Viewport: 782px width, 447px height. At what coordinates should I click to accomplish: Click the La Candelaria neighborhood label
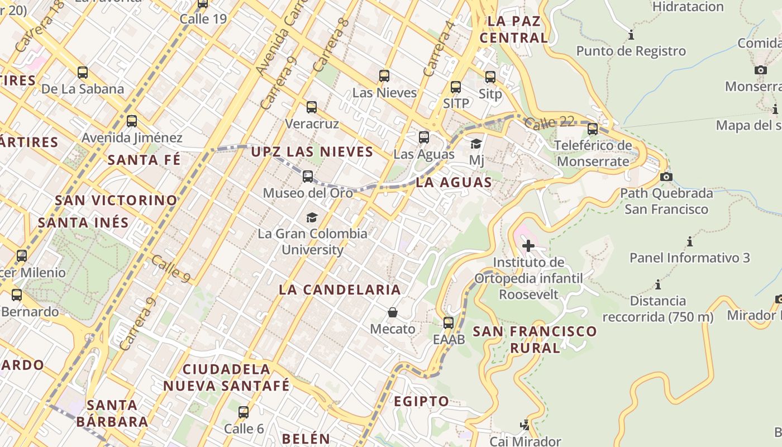tap(340, 289)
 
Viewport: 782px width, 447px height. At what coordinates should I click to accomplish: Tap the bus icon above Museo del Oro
tap(308, 177)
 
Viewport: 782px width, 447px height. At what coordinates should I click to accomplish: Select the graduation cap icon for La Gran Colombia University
tap(312, 217)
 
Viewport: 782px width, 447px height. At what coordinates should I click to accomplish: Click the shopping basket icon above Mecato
tap(393, 312)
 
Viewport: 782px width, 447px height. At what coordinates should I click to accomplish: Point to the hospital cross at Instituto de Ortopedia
tap(528, 245)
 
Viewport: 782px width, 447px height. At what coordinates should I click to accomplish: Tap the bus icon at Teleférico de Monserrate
tap(593, 129)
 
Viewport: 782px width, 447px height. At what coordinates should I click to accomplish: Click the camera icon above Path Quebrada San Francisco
tap(666, 177)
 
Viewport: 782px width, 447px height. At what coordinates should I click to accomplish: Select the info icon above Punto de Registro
tap(631, 35)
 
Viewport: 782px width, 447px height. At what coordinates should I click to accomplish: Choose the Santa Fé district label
tap(144, 160)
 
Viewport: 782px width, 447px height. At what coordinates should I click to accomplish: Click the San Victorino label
tap(116, 200)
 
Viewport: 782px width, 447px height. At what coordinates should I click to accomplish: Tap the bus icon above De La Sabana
tap(83, 72)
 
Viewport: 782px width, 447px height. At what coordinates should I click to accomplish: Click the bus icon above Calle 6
tap(244, 412)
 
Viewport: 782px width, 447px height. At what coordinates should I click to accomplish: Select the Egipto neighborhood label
tap(421, 401)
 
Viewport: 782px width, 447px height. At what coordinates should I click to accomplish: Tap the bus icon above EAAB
tap(449, 322)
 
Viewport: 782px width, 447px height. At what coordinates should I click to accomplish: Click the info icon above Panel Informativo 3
tap(690, 241)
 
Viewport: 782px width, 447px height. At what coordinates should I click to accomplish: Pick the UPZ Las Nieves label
tap(312, 151)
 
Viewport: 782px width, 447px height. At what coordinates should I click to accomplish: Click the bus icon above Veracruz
tap(312, 107)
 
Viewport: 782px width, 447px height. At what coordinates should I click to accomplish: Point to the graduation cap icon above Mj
tap(476, 144)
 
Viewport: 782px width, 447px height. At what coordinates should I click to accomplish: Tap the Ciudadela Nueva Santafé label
tap(226, 377)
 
